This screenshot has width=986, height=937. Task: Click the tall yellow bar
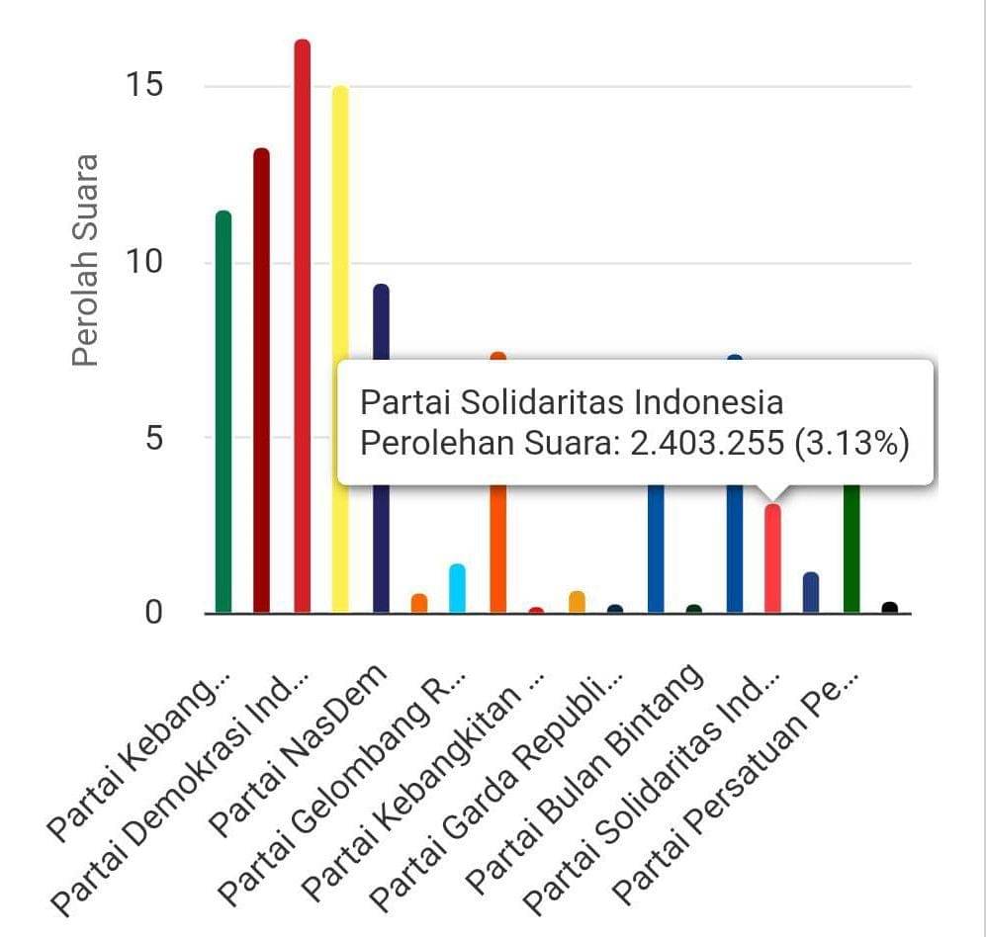click(340, 346)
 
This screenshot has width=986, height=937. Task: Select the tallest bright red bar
click(302, 326)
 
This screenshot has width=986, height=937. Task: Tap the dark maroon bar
click(262, 381)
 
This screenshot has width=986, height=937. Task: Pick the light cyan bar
click(457, 588)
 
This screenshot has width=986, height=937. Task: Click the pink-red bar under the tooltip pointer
click(772, 558)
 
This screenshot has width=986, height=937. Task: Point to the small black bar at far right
click(889, 608)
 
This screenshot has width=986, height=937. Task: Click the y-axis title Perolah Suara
click(87, 260)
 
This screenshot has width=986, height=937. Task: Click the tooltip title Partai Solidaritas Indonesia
click(571, 402)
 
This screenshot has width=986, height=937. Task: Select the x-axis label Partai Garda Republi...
click(497, 791)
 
